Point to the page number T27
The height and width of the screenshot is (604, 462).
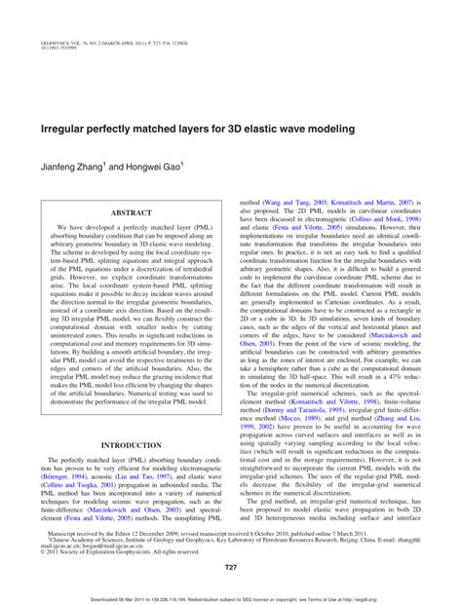pos(231,567)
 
